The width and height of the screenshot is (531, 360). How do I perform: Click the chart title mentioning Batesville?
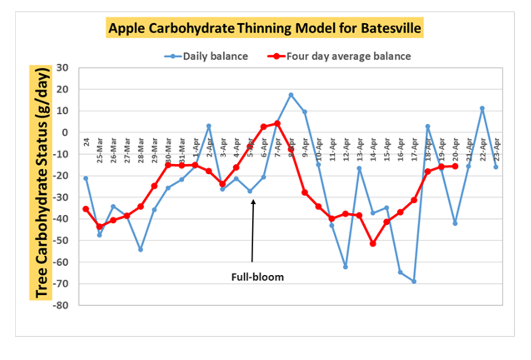(x=265, y=29)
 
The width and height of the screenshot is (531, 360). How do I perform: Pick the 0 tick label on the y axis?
(x=67, y=132)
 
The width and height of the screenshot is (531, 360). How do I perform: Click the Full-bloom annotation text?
(x=258, y=277)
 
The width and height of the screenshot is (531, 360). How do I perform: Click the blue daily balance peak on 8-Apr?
(x=291, y=95)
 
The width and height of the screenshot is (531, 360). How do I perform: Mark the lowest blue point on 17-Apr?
(x=414, y=281)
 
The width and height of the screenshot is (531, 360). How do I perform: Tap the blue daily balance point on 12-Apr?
(x=345, y=267)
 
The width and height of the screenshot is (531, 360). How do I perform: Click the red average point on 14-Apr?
(x=373, y=243)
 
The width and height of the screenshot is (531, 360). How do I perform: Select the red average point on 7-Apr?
(x=277, y=123)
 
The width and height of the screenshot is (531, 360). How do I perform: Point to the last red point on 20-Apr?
(x=455, y=166)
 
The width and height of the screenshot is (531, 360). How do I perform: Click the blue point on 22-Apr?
(x=482, y=108)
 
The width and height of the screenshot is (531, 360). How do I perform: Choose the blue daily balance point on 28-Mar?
(x=140, y=250)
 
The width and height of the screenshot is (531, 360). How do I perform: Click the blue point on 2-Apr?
(x=209, y=126)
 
